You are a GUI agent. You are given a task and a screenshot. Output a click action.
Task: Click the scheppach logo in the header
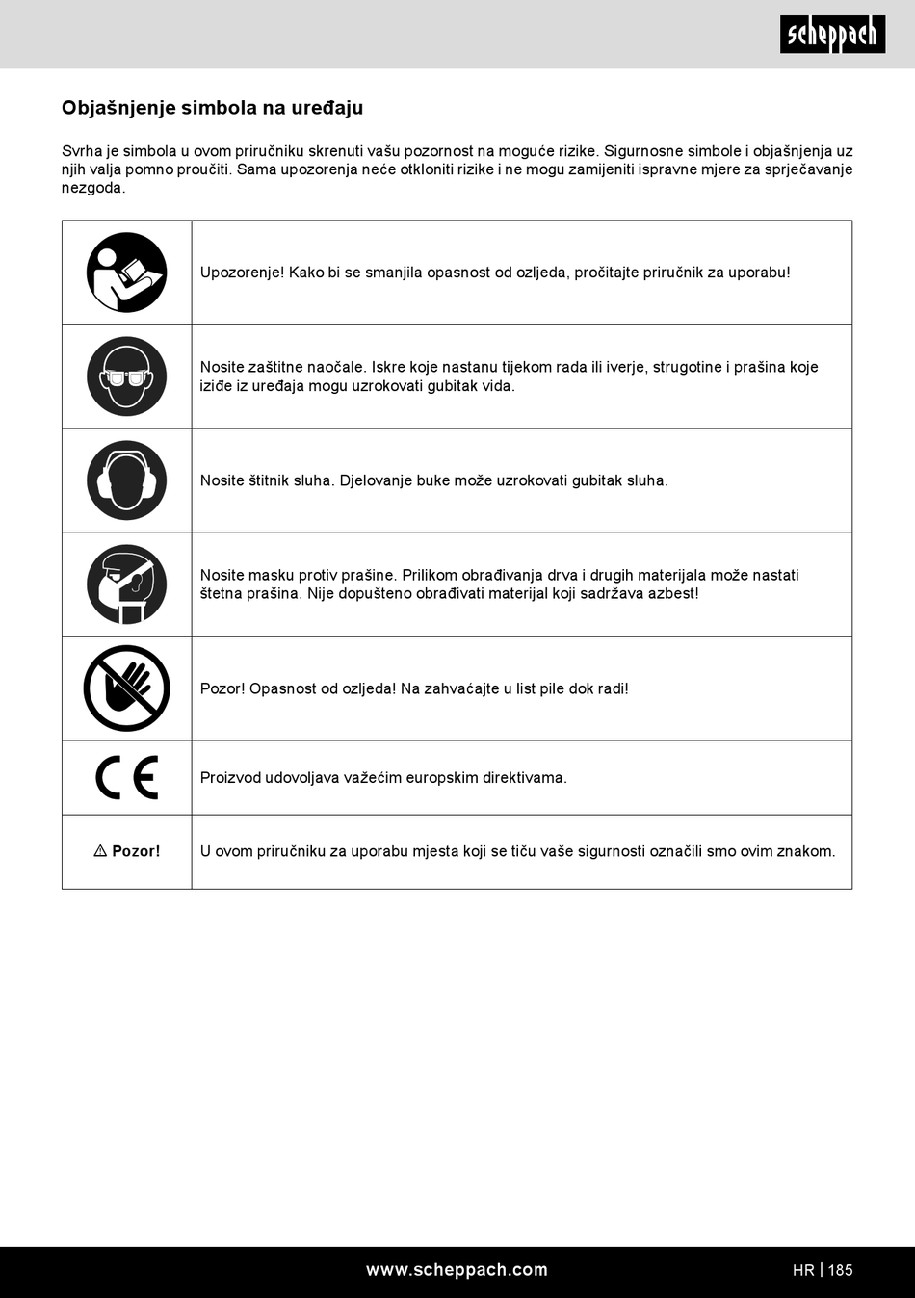pyautogui.click(x=832, y=35)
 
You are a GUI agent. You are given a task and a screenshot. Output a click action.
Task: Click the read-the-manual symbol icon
pyautogui.click(x=126, y=273)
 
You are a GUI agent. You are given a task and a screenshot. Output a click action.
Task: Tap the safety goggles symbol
pyautogui.click(x=126, y=376)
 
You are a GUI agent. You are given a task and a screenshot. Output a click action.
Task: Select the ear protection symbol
pyautogui.click(x=126, y=480)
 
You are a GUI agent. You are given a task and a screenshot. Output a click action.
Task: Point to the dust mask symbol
pyautogui.click(x=126, y=584)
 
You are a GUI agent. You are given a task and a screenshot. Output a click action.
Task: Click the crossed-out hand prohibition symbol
pyautogui.click(x=126, y=688)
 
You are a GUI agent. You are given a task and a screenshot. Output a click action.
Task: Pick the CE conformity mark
pyautogui.click(x=126, y=778)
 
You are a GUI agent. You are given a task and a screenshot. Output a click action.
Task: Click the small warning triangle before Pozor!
pyautogui.click(x=100, y=851)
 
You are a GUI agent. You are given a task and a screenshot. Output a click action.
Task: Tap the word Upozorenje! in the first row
pyautogui.click(x=242, y=273)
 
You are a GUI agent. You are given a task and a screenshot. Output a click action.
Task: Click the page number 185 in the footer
pyautogui.click(x=841, y=1270)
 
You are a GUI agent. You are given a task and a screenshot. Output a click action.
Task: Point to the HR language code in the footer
pyautogui.click(x=803, y=1270)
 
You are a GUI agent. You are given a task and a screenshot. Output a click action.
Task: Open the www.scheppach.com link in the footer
pyautogui.click(x=457, y=1270)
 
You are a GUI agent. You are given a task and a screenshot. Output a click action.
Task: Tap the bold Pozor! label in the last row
pyautogui.click(x=136, y=851)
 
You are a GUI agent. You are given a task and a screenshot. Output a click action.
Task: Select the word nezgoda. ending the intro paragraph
pyautogui.click(x=93, y=188)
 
